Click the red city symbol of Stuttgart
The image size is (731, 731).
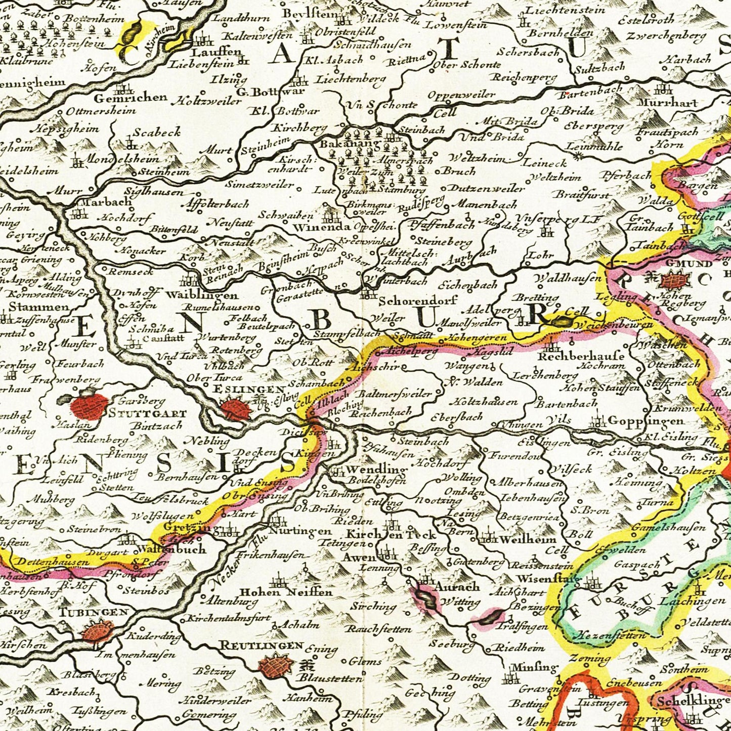click(x=89, y=406)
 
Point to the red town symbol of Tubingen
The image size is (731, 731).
click(x=97, y=632)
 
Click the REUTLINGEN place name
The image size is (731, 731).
click(x=262, y=646)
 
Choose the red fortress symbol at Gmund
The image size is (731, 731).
click(x=673, y=280)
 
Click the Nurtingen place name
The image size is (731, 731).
click(x=299, y=531)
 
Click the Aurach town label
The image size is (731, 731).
click(x=457, y=587)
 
